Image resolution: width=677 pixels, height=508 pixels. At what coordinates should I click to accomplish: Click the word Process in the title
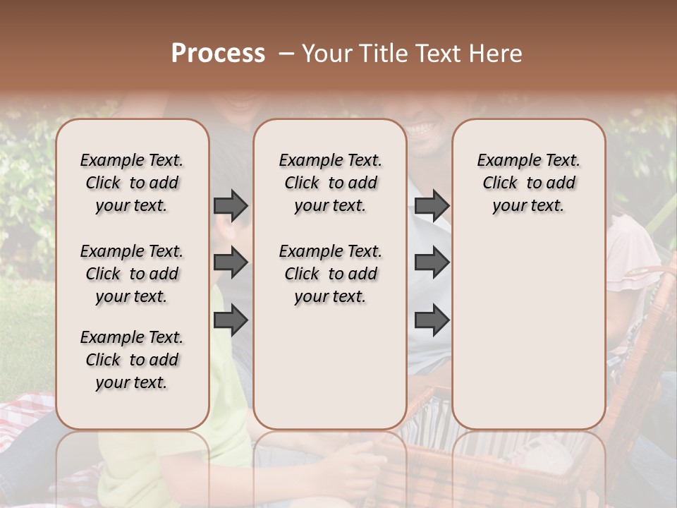pos(218,54)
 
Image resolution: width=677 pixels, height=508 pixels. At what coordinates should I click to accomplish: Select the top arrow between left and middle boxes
pos(231,205)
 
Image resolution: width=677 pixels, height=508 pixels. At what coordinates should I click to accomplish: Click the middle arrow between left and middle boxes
pos(231,263)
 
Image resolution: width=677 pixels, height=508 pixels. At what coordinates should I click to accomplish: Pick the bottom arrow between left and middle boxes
pos(231,321)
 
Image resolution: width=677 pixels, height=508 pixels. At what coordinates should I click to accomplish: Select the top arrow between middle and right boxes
pos(432,205)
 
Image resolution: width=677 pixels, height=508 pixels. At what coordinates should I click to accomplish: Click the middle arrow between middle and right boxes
pos(432,263)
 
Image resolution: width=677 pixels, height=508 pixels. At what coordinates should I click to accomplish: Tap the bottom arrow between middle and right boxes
pos(432,321)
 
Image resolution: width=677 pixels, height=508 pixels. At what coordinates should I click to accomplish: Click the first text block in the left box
pos(132,183)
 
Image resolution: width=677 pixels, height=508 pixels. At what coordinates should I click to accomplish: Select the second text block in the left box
pos(132,274)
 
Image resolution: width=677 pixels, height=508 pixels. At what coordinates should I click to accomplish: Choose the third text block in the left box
pos(132,360)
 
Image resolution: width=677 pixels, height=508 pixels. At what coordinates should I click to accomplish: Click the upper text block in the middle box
pos(330,183)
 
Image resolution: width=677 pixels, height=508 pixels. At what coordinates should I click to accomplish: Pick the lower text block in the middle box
pos(330,274)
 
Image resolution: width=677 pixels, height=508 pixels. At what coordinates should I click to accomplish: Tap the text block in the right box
pos(528,183)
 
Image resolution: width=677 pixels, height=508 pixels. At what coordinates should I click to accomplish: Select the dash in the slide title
pos(286,54)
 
